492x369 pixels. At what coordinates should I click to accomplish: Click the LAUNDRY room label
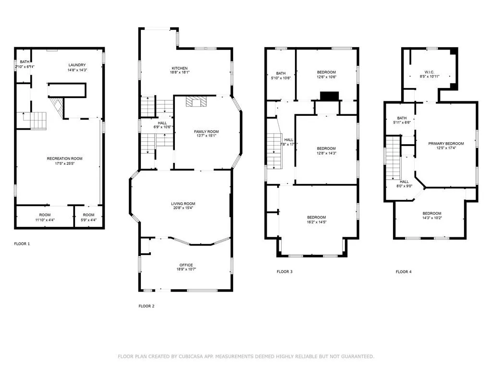point(77,65)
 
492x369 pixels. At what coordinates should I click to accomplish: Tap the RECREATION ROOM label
point(64,159)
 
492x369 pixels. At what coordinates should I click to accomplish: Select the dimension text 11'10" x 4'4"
point(45,220)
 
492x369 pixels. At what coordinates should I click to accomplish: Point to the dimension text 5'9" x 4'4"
point(88,220)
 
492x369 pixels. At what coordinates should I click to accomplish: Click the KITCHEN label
point(180,68)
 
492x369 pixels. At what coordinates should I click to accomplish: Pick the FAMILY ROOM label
point(206,131)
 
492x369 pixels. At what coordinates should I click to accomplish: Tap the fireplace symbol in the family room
point(196,101)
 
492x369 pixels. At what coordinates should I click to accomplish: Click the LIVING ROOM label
point(183,204)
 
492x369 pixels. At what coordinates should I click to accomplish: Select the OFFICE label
point(186,265)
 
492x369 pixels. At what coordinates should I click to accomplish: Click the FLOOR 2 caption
point(147,306)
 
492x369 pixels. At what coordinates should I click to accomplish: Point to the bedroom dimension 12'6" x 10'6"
point(326,77)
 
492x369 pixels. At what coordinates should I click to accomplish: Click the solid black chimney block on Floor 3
point(329,96)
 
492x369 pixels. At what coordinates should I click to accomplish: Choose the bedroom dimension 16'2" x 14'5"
point(317,222)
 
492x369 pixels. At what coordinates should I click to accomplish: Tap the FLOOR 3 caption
point(284,272)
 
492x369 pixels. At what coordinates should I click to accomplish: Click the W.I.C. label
point(429,71)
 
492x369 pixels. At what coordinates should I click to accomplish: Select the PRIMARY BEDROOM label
point(446,144)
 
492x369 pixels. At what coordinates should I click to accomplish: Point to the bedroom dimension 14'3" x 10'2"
point(432,219)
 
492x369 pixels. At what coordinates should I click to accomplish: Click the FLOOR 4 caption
point(404,272)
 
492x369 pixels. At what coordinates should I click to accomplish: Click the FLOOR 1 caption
point(22,244)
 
